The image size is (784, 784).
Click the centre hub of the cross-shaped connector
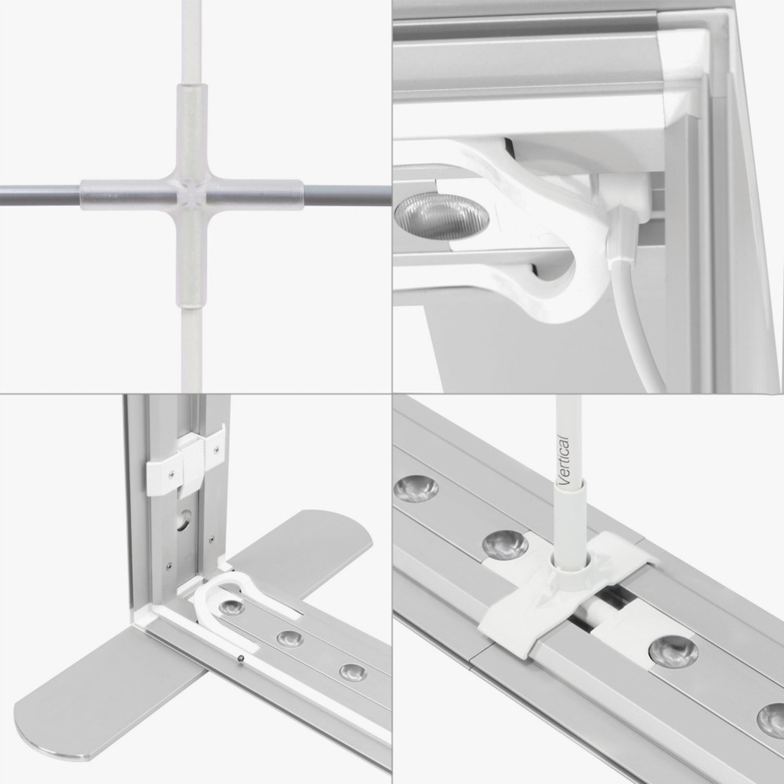pyautogui.click(x=192, y=195)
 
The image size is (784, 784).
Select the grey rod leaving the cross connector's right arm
pyautogui.click(x=347, y=195)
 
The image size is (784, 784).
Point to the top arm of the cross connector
pyautogui.click(x=192, y=131)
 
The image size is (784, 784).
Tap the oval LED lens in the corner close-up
pyautogui.click(x=442, y=216)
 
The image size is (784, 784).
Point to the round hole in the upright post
pyautogui.click(x=184, y=520)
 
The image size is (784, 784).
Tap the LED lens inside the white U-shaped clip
pyautogui.click(x=232, y=607)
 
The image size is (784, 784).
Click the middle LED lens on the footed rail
pyautogui.click(x=290, y=639)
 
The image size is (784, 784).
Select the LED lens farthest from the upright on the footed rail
pyautogui.click(x=352, y=673)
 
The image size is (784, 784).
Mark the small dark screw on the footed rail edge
pyautogui.click(x=241, y=658)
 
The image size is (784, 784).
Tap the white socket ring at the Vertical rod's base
pyautogui.click(x=570, y=570)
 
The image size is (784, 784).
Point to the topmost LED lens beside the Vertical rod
pyautogui.click(x=416, y=489)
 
